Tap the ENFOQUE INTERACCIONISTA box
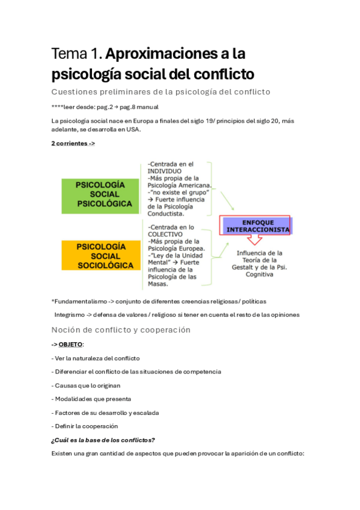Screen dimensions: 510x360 click(256, 225)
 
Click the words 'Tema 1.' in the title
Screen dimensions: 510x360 click(76, 54)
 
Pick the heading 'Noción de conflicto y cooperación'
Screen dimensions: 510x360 click(121, 330)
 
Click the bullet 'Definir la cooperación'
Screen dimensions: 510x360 click(85, 426)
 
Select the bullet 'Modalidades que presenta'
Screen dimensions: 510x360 click(91, 399)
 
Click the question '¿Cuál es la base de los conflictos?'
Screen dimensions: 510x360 click(104, 440)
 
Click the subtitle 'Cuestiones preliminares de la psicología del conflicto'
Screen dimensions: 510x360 click(161, 91)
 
